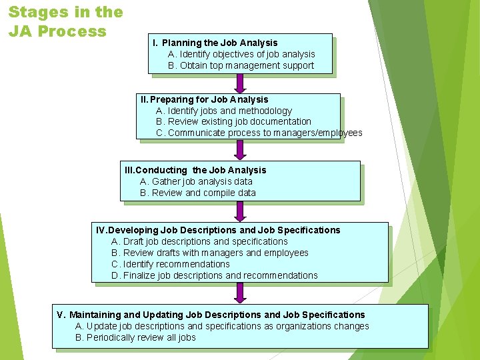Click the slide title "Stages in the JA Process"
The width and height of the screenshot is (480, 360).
65,21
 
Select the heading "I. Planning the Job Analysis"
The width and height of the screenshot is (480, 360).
215,43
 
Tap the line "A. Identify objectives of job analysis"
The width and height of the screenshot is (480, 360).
241,54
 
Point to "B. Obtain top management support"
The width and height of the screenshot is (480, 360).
241,65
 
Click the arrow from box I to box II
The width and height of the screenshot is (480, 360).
240,83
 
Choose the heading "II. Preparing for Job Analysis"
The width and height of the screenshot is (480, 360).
204,99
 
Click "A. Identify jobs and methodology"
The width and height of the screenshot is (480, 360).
223,111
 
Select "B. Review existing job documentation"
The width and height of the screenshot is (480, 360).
233,121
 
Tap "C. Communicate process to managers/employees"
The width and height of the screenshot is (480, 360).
259,133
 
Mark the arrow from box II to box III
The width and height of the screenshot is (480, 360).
240,151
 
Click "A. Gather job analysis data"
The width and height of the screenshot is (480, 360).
196,181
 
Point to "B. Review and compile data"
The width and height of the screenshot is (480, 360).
197,193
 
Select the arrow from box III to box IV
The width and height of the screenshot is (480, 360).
240,212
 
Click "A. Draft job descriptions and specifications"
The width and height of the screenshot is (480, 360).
199,241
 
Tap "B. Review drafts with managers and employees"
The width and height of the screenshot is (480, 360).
210,253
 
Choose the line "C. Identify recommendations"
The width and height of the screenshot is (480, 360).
171,264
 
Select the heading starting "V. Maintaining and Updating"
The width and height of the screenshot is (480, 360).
211,315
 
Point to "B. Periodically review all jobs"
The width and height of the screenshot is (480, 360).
135,337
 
